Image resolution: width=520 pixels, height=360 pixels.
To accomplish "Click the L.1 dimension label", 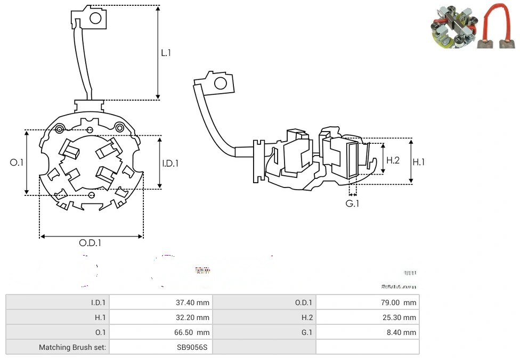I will point(166,53).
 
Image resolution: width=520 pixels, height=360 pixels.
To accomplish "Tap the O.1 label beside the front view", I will point(17,162).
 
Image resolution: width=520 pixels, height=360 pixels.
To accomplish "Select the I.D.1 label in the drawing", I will point(170,163).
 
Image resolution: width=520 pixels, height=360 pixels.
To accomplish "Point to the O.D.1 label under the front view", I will point(90,243).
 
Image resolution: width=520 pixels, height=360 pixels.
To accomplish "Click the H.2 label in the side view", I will point(393,160).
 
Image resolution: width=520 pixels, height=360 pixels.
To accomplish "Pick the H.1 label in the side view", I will point(419,162).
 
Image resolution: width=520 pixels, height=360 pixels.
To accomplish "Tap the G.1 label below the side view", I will point(352,204).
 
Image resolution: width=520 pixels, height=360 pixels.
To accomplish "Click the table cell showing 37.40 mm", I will point(192,302).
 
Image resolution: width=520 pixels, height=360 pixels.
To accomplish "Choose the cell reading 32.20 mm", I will point(192,317).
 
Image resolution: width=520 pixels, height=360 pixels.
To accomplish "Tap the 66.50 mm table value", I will point(192,332).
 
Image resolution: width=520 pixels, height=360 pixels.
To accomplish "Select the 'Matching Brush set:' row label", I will point(72,347).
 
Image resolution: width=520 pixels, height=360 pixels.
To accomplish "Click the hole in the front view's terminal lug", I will point(95,19).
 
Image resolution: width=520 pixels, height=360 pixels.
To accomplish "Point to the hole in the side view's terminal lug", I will point(219,83).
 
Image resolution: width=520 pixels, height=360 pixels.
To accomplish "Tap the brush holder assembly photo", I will point(453,28).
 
